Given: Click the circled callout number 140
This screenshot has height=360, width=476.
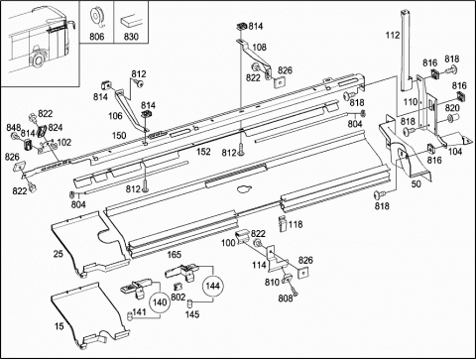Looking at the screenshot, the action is pyautogui.click(x=160, y=302).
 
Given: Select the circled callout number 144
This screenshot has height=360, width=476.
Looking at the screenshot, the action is pyautogui.click(x=212, y=286).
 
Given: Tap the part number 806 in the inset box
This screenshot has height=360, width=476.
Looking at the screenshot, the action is pyautogui.click(x=96, y=37).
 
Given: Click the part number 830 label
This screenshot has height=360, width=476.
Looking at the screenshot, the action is pyautogui.click(x=131, y=37).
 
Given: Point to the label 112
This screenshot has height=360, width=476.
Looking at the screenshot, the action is pyautogui.click(x=393, y=35).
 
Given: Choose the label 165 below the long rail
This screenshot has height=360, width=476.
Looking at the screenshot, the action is pyautogui.click(x=175, y=254).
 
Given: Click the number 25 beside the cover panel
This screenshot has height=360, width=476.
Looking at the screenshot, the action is pyautogui.click(x=59, y=254).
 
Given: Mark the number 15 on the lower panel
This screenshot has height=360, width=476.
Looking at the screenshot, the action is pyautogui.click(x=59, y=326).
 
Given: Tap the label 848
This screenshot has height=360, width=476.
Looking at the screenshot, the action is pyautogui.click(x=13, y=128).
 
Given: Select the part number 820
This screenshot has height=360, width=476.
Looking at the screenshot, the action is pyautogui.click(x=452, y=108).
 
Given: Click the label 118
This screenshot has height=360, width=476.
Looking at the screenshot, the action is pyautogui.click(x=296, y=224).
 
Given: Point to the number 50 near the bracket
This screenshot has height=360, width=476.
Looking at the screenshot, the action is pyautogui.click(x=416, y=183).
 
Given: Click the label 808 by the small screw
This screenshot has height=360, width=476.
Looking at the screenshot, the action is pyautogui.click(x=286, y=299).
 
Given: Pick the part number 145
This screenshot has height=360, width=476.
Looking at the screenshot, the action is pyautogui.click(x=192, y=314).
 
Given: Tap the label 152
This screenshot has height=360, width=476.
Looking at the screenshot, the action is pyautogui.click(x=203, y=152).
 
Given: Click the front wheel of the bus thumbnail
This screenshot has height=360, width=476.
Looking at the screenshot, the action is pyautogui.click(x=39, y=60).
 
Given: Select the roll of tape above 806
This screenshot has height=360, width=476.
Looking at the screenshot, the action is pyautogui.click(x=96, y=17).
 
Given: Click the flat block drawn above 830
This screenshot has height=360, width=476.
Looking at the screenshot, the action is pyautogui.click(x=131, y=22).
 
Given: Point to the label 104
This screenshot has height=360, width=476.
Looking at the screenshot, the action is pyautogui.click(x=455, y=152).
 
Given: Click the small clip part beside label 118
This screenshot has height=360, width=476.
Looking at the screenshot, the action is pyautogui.click(x=282, y=223).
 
